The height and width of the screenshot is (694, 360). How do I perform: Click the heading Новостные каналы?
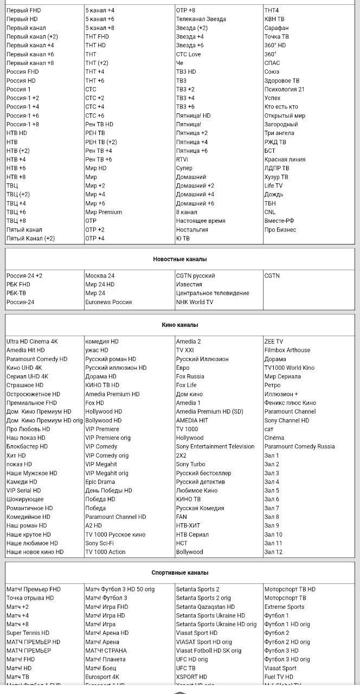[x=179, y=259]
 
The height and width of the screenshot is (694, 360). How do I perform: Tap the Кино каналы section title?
[x=179, y=325]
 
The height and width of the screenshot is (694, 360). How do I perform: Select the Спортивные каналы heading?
[x=179, y=573]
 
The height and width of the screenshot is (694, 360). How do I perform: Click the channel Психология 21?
[x=284, y=89]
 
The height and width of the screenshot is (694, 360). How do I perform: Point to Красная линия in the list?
[x=285, y=159]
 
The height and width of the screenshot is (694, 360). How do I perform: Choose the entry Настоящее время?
[x=201, y=221]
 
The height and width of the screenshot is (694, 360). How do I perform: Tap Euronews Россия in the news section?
[x=108, y=302]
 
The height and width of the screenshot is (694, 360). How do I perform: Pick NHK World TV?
[x=195, y=302]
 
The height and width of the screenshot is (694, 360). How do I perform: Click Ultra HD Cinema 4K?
[x=32, y=342]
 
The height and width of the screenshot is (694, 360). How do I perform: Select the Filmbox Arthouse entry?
[x=287, y=350]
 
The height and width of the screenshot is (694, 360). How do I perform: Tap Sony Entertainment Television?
[x=215, y=447]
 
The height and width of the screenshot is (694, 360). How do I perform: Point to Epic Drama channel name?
[x=100, y=481]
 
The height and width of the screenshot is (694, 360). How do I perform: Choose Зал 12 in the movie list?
[x=273, y=552]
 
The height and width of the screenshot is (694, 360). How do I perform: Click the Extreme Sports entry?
[x=284, y=607]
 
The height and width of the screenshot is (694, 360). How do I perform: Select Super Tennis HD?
[x=28, y=633]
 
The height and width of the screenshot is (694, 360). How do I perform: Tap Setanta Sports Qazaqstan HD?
[x=205, y=607]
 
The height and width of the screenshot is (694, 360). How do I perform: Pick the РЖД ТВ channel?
[x=275, y=142]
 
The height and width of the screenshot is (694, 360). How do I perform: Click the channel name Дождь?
[x=274, y=194]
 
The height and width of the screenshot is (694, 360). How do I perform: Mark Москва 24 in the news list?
[x=100, y=275]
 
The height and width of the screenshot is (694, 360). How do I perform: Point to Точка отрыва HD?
[x=30, y=598]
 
